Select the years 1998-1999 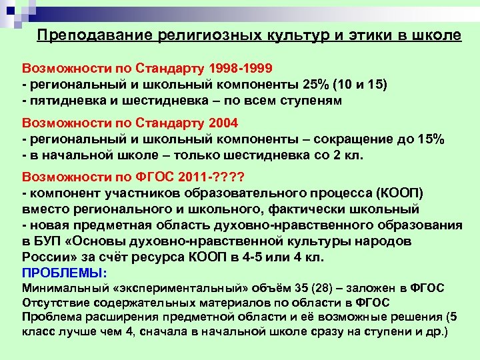click(240, 69)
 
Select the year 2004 click(223, 123)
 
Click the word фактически click(306, 209)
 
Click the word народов click(387, 241)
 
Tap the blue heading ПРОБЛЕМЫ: click(65, 273)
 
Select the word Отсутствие click(51, 303)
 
